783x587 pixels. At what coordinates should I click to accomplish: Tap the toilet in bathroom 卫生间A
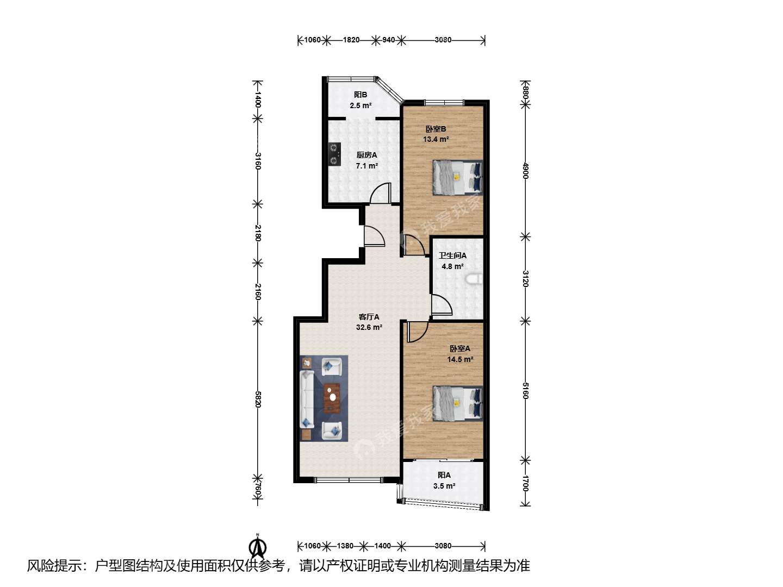click(474, 279)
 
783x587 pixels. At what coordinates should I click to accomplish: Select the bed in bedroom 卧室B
click(458, 178)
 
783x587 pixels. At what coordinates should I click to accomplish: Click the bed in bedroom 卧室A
click(458, 403)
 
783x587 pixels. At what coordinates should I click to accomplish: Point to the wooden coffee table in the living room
click(332, 398)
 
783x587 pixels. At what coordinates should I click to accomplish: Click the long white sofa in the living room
click(307, 399)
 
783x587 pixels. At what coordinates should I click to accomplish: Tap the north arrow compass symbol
click(258, 547)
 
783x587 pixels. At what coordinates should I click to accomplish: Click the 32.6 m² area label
click(369, 327)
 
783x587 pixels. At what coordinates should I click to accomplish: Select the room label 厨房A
click(366, 155)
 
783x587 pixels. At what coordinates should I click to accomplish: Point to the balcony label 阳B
click(361, 95)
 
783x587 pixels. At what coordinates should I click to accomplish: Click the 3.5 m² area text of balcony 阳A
click(444, 486)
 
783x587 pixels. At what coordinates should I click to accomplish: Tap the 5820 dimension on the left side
click(258, 399)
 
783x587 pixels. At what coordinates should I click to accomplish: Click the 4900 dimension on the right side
click(525, 170)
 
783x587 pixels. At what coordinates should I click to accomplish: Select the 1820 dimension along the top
click(351, 40)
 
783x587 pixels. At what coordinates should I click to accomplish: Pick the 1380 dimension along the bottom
click(345, 546)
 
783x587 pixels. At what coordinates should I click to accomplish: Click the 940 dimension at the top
click(388, 40)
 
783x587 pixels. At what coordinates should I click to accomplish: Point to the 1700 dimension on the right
click(525, 483)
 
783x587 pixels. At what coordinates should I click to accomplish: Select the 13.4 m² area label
click(436, 139)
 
